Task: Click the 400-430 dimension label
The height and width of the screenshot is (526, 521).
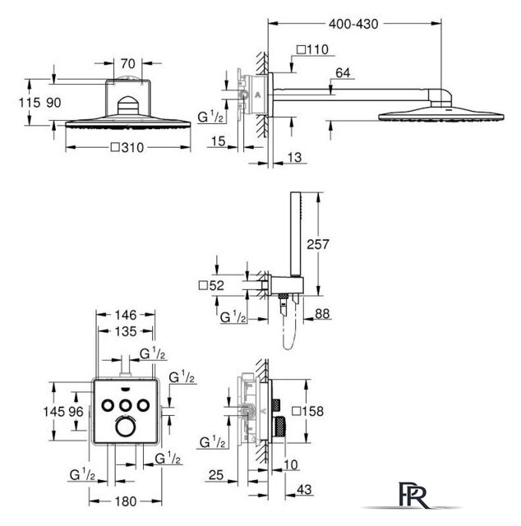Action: click(353, 24)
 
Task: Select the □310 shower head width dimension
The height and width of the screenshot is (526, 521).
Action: click(127, 147)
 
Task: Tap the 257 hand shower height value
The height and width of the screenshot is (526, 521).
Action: click(318, 244)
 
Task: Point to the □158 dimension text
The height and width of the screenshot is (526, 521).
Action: click(307, 411)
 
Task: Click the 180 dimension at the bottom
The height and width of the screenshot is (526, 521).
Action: click(126, 501)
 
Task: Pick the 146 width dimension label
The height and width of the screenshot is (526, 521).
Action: click(126, 315)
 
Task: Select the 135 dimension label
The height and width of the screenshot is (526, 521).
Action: click(126, 331)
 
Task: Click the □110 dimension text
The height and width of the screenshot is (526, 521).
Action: click(312, 49)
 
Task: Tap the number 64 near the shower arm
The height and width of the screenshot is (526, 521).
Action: click(343, 73)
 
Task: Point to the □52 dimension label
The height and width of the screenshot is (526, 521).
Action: click(211, 285)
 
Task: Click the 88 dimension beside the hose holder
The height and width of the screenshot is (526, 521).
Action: click(322, 314)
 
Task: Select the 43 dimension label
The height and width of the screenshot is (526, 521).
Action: click(304, 490)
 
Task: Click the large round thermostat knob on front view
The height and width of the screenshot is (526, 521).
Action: click(126, 427)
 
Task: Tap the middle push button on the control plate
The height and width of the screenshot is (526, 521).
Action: click(126, 405)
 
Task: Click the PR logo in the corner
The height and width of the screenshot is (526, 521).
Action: click(413, 495)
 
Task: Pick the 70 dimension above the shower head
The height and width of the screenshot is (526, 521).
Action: click(127, 63)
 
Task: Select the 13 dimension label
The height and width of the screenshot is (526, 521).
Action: click(294, 157)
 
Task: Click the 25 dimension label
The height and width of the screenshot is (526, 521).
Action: click(215, 475)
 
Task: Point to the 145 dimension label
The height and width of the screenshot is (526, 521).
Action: click(53, 411)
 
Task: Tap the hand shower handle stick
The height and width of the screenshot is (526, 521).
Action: click(296, 234)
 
